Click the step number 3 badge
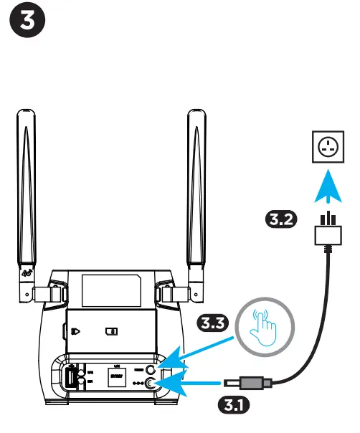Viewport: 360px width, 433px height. (29, 24)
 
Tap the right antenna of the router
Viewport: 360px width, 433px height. (196, 194)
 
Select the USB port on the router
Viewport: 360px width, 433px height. (72, 377)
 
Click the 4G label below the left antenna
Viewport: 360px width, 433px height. (27, 272)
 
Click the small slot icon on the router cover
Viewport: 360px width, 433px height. (111, 332)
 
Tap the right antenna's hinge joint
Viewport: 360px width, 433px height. (172, 292)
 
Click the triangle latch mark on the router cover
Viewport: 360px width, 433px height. (75, 332)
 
